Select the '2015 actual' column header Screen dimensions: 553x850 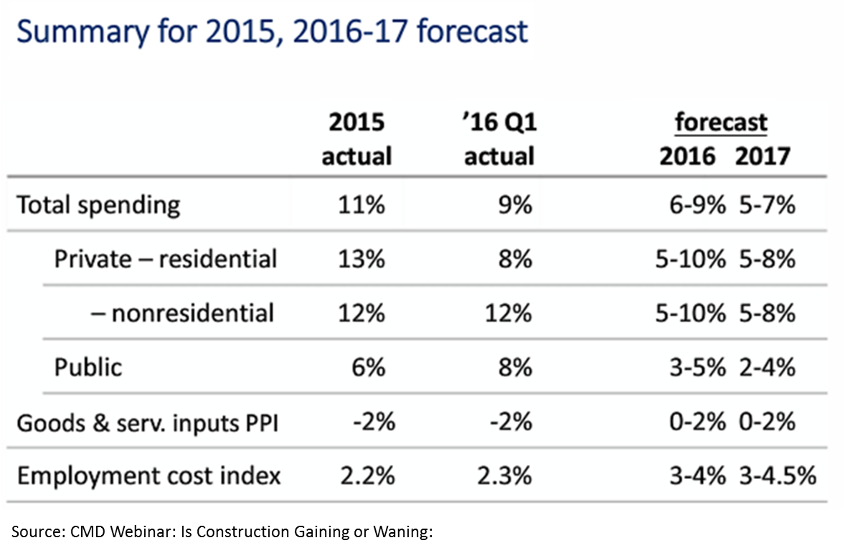coord(356,139)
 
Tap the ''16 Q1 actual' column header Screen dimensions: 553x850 coord(499,139)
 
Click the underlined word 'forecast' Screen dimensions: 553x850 coord(721,123)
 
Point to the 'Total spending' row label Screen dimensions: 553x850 coord(98,205)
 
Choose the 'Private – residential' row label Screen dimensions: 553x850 coord(165,258)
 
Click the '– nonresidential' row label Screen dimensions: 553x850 coord(183,313)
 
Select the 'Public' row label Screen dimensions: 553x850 coord(88,367)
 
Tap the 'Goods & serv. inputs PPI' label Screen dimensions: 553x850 coord(147,422)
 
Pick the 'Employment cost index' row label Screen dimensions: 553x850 coord(148,476)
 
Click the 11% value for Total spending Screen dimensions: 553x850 coord(362,205)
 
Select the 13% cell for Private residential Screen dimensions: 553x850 coord(362,258)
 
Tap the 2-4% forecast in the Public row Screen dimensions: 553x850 coord(765,367)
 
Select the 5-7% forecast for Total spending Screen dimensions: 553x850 coord(765,205)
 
